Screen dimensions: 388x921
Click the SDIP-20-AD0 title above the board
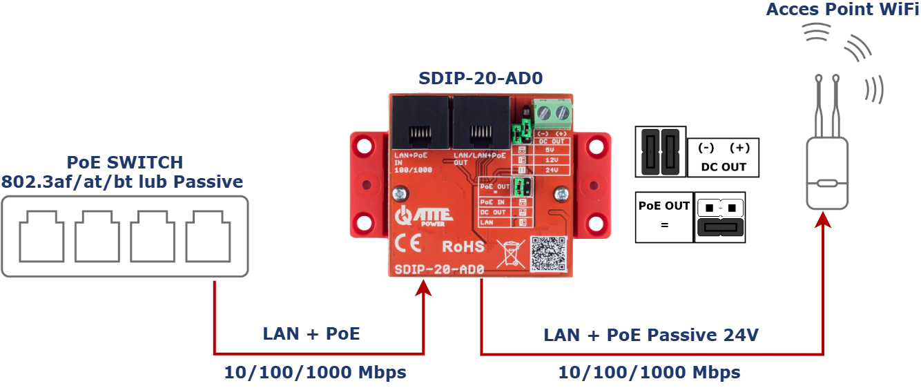(x=481, y=78)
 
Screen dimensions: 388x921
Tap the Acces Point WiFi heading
(x=842, y=9)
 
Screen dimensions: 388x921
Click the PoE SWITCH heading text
(x=125, y=162)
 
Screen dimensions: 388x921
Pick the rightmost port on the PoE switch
(x=209, y=235)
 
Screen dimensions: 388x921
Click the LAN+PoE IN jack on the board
(x=420, y=122)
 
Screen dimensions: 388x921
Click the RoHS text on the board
(x=463, y=246)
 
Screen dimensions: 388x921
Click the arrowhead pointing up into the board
(x=423, y=285)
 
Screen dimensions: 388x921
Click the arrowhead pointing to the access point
(x=823, y=220)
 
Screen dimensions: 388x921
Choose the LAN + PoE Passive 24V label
(x=650, y=336)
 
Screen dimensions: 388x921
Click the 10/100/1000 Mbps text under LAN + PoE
(x=315, y=373)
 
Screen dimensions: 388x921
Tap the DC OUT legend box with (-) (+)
(x=723, y=157)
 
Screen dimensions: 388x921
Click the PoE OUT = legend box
(x=664, y=217)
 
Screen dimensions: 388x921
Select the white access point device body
(x=827, y=172)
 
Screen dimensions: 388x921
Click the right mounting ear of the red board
(x=593, y=185)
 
